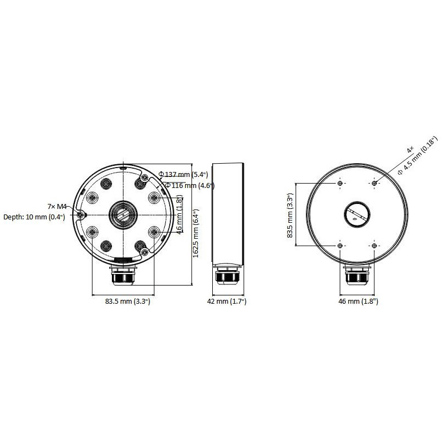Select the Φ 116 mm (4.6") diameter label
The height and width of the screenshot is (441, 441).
click(x=186, y=186)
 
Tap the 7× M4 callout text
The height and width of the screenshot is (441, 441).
click(x=57, y=206)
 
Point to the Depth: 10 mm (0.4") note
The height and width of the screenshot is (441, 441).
click(x=34, y=217)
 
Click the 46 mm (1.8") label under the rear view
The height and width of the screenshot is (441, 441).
click(x=358, y=302)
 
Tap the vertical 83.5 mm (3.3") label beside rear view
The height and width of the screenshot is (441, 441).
click(x=291, y=215)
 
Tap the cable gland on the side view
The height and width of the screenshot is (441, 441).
click(x=228, y=276)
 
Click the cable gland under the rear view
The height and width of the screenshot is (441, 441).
click(x=358, y=276)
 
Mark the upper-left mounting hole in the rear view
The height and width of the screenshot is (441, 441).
click(x=341, y=183)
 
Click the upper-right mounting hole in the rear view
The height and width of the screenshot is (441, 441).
click(x=375, y=183)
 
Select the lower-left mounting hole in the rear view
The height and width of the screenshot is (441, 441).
click(x=341, y=245)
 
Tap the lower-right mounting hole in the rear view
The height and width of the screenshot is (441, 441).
click(x=375, y=245)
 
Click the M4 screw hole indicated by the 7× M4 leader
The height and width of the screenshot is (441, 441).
click(x=81, y=214)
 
